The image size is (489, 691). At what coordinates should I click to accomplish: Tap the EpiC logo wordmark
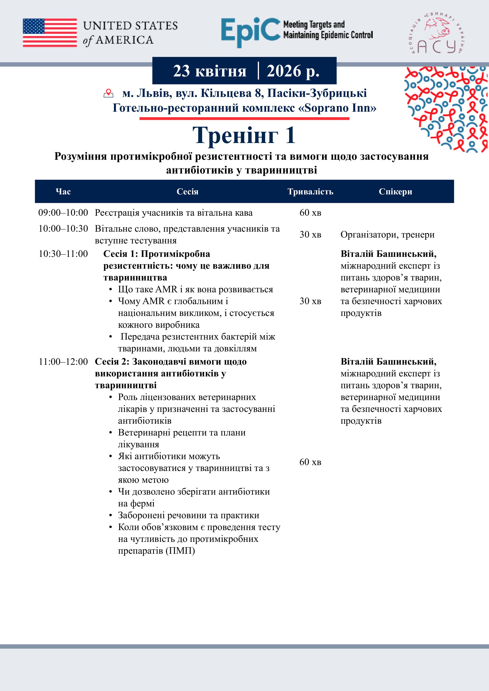tap(251, 32)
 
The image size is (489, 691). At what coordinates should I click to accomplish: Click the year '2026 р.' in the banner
tap(293, 71)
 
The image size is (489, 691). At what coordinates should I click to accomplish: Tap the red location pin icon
tap(108, 93)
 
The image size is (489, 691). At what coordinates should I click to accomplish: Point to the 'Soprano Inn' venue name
tap(338, 108)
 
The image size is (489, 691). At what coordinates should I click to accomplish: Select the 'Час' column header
tap(63, 192)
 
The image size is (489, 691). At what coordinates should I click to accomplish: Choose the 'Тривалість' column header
tap(310, 192)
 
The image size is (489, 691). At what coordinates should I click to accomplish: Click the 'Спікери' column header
tap(395, 192)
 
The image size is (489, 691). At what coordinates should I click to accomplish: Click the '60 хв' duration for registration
tap(310, 213)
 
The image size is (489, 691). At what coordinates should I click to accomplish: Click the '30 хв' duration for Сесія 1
tap(310, 301)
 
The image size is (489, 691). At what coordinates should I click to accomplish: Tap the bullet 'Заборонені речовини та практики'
tap(188, 515)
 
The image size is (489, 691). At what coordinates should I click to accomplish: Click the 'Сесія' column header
tap(187, 192)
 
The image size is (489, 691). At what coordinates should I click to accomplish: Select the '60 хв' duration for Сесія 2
tap(310, 462)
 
